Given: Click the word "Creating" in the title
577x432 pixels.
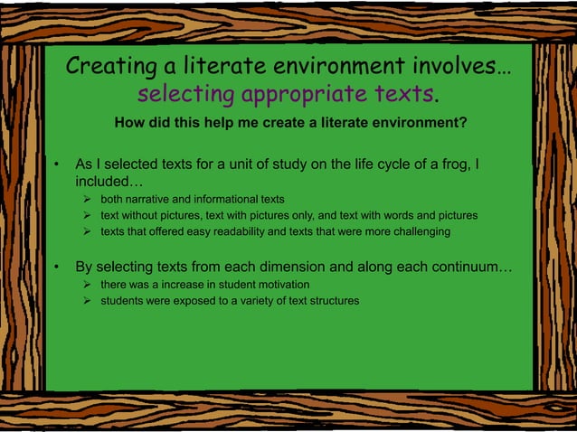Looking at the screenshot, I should pos(108,68).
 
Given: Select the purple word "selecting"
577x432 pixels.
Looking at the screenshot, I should pos(185,94).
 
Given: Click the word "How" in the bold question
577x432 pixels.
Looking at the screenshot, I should pos(129,123).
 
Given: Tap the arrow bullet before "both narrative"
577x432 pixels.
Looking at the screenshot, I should pos(87,199).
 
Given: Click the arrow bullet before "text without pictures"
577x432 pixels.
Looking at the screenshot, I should pos(87,216).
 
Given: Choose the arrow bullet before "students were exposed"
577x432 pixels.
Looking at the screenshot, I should pos(87,300).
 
